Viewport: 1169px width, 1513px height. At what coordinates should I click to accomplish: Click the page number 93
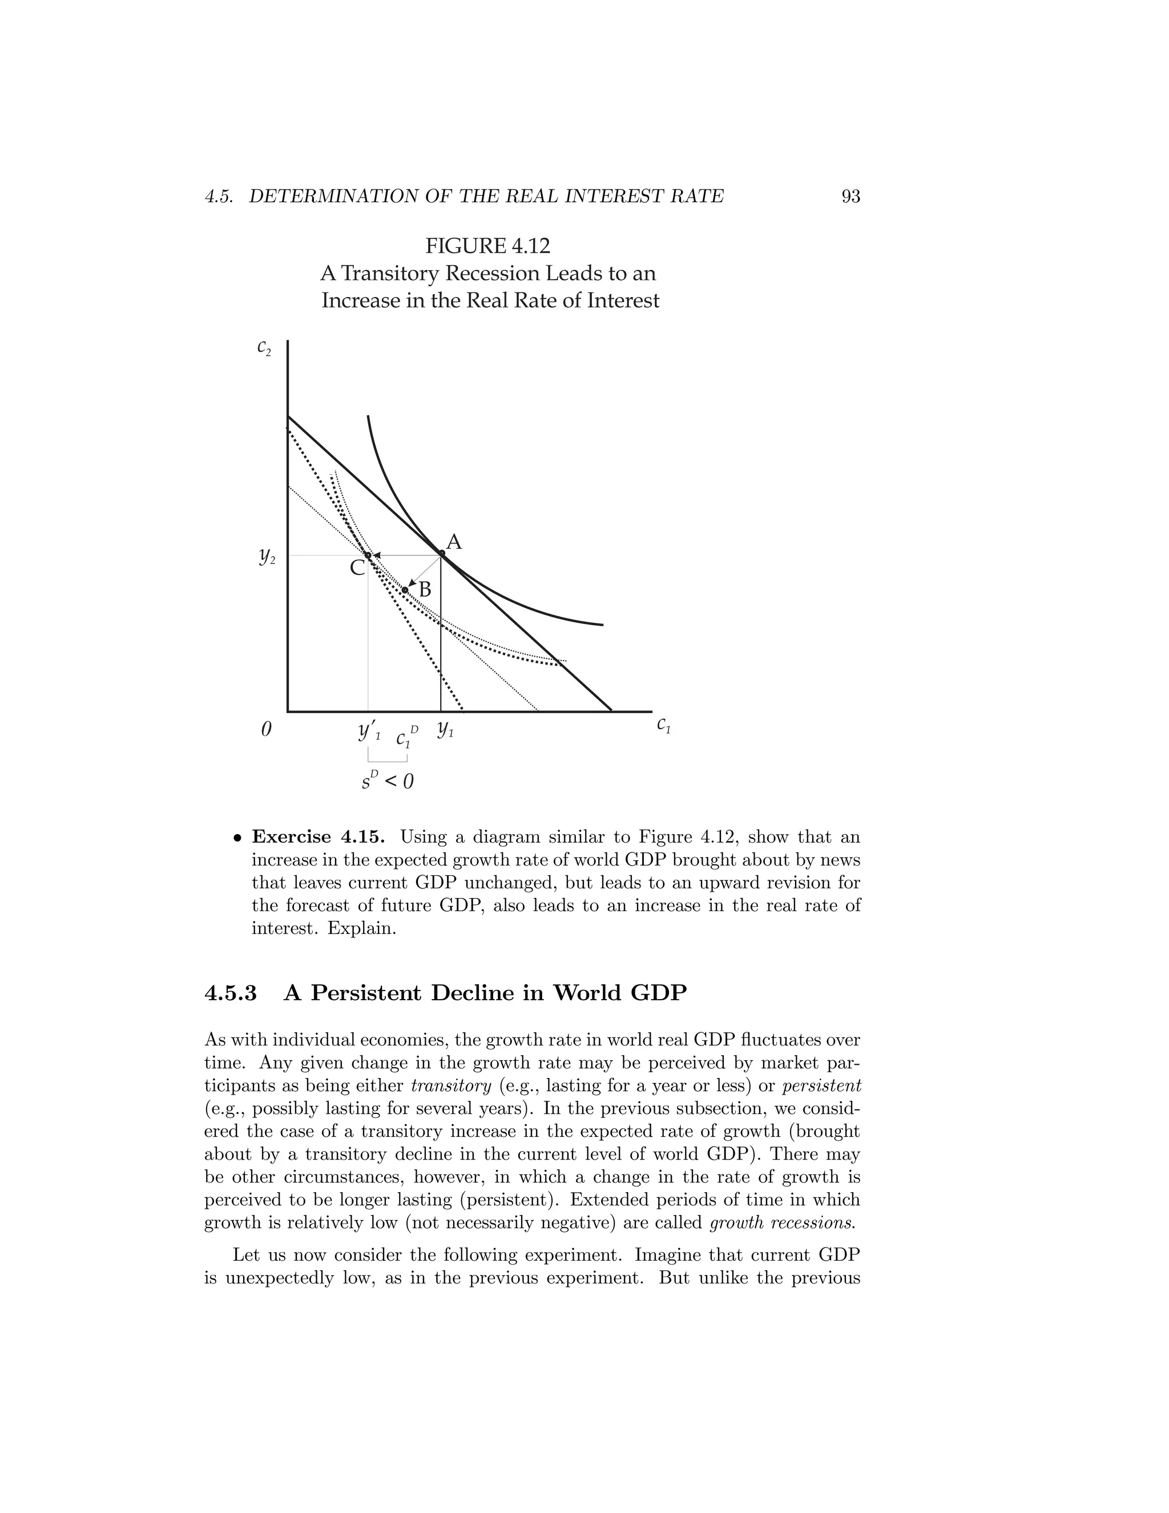point(850,197)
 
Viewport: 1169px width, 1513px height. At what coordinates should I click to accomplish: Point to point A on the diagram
point(442,553)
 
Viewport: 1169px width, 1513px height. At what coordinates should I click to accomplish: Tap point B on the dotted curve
point(405,590)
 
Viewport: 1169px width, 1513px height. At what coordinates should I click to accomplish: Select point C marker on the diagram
point(368,555)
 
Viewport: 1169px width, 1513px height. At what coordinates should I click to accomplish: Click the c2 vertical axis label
point(264,347)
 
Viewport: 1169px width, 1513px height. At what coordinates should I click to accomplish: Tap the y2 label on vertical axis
point(267,556)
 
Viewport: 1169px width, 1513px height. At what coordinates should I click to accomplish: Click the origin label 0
point(266,730)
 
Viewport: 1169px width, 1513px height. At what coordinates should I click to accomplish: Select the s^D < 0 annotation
point(388,780)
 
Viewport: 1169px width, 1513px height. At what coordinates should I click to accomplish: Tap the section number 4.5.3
point(231,993)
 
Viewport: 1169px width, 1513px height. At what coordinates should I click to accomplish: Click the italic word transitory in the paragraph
point(451,1085)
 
